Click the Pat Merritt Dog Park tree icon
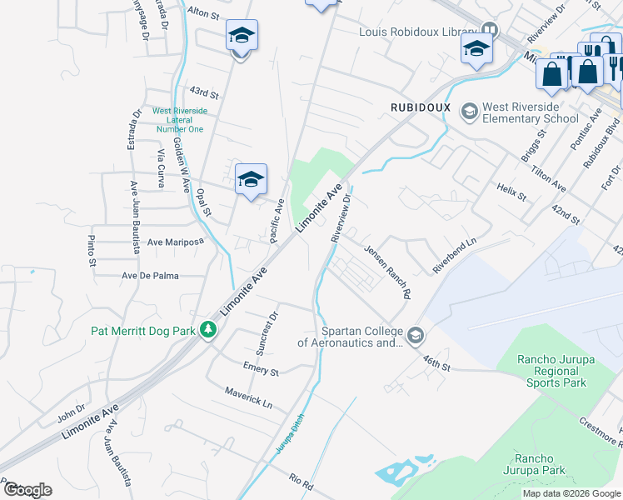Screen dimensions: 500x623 [x=208, y=331]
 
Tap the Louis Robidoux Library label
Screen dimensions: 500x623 [x=416, y=32]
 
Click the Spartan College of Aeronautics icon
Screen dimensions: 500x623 [x=416, y=336]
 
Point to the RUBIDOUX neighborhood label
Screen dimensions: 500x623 [x=421, y=108]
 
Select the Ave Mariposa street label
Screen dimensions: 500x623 [x=175, y=242]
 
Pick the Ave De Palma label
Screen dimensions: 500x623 [x=151, y=275]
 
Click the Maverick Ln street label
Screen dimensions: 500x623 [x=248, y=397]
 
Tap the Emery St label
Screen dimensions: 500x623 [x=261, y=367]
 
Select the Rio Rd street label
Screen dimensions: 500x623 [x=301, y=482]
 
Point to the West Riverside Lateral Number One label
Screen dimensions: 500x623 [x=180, y=120]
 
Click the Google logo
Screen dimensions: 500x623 [x=27, y=490]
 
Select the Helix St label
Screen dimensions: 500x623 [x=511, y=193]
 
